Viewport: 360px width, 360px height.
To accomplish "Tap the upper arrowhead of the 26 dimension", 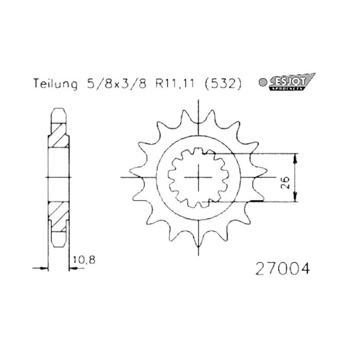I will click(295, 157).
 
